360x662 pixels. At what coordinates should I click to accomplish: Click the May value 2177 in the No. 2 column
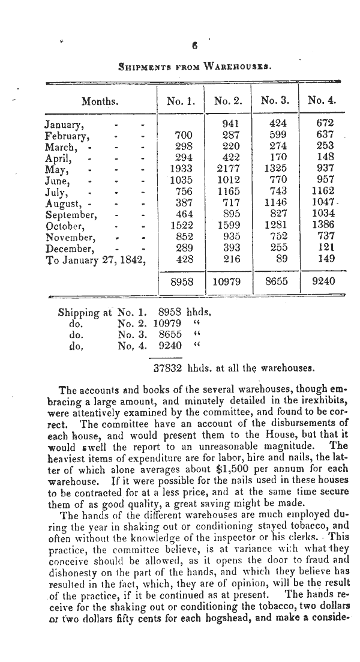click(227, 169)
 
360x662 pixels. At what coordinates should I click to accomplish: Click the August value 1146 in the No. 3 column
click(275, 203)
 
